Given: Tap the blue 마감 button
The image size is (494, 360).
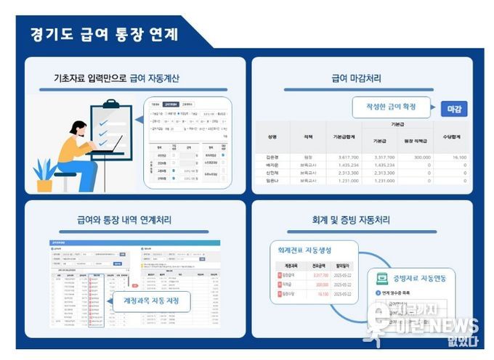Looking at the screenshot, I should coord(453,109).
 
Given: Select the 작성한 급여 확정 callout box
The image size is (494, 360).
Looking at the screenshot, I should coord(393,107).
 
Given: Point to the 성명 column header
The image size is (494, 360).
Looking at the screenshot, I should coord(272,136).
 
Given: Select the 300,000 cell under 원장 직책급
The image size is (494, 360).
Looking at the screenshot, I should coord(418,157).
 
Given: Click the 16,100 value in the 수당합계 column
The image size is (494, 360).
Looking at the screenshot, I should coord(458,157).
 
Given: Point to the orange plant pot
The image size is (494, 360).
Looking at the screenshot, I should coord(44,185).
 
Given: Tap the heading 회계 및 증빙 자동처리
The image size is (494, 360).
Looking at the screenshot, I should coord(360,219).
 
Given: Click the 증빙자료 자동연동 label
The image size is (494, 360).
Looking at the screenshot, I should coord(420,277).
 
